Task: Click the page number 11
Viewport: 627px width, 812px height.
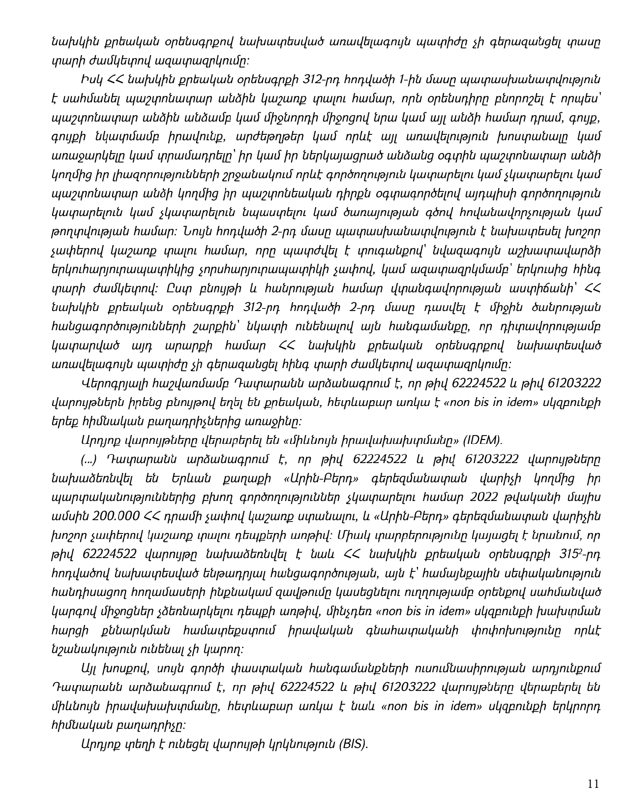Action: [x=593, y=784]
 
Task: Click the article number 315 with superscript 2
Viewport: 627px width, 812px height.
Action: [x=572, y=554]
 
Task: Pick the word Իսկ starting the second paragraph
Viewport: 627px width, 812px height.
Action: [x=90, y=80]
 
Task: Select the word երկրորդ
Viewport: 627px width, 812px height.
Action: [x=576, y=706]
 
